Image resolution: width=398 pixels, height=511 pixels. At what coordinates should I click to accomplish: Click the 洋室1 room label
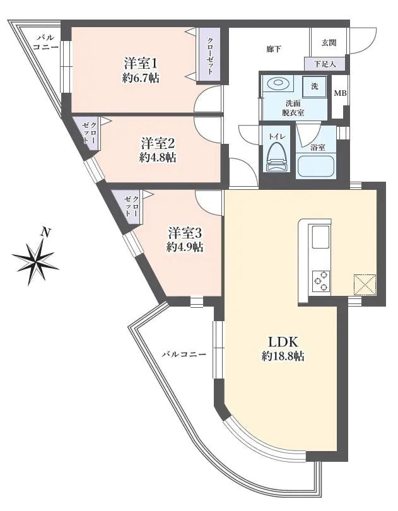pyautogui.click(x=140, y=63)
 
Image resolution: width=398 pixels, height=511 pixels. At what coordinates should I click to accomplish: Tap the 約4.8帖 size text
pyautogui.click(x=158, y=157)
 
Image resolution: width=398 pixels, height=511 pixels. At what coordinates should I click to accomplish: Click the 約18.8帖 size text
pyautogui.click(x=283, y=356)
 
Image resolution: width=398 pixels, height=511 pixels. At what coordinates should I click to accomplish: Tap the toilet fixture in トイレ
pyautogui.click(x=276, y=156)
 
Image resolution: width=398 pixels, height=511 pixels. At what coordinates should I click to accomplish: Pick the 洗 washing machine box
pyautogui.click(x=313, y=86)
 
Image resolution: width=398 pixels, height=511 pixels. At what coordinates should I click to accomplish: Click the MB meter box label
pyautogui.click(x=340, y=94)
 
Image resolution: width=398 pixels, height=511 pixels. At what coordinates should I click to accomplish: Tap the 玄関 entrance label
pyautogui.click(x=329, y=43)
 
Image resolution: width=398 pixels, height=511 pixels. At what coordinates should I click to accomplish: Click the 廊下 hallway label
pyautogui.click(x=272, y=48)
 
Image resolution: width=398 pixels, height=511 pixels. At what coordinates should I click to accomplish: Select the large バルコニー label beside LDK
pyautogui.click(x=184, y=355)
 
